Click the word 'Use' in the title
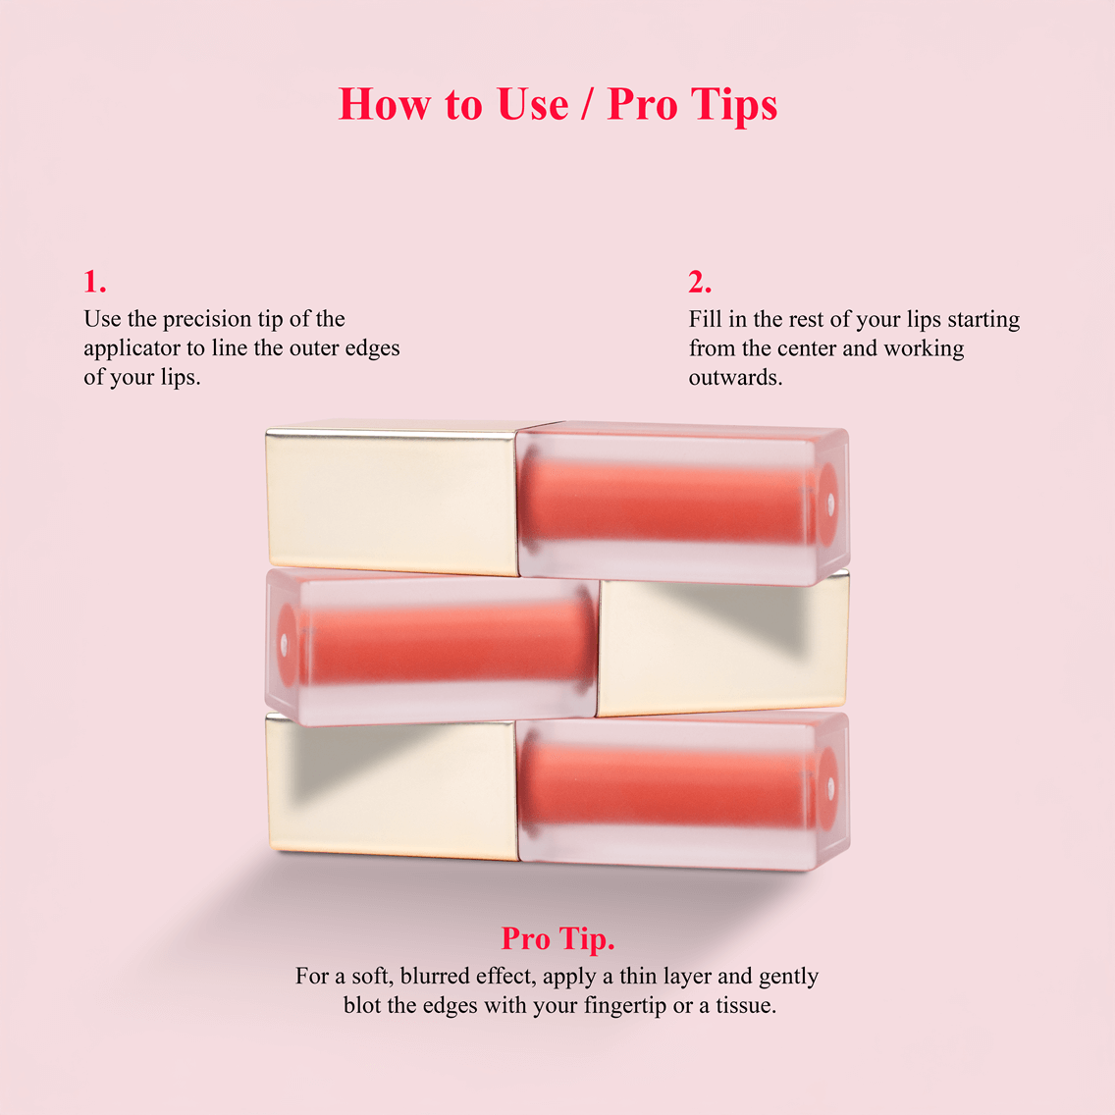tap(532, 104)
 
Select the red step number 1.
tap(94, 282)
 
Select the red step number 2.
tap(699, 282)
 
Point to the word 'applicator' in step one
tap(132, 349)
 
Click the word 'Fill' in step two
tap(705, 319)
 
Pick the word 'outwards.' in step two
tap(735, 377)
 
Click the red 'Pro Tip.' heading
tap(557, 938)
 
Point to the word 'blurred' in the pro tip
tap(435, 976)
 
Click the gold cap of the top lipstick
tap(393, 499)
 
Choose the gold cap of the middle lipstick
tap(721, 646)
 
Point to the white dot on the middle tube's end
tap(285, 645)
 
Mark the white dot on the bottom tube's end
tap(830, 785)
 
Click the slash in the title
tap(588, 105)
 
